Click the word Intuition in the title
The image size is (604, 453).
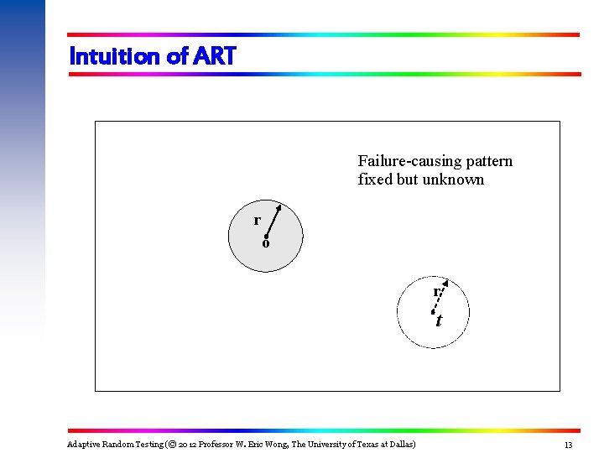click(116, 56)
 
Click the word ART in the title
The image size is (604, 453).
click(215, 56)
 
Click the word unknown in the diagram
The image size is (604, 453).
click(453, 180)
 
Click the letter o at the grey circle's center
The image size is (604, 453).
click(265, 244)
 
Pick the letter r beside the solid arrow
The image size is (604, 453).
click(257, 220)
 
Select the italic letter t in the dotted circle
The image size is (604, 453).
click(439, 320)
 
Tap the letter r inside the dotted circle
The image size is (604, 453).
click(436, 292)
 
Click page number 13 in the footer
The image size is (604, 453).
click(568, 445)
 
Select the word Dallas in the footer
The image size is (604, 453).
click(400, 444)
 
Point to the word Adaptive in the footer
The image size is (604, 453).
click(84, 444)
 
